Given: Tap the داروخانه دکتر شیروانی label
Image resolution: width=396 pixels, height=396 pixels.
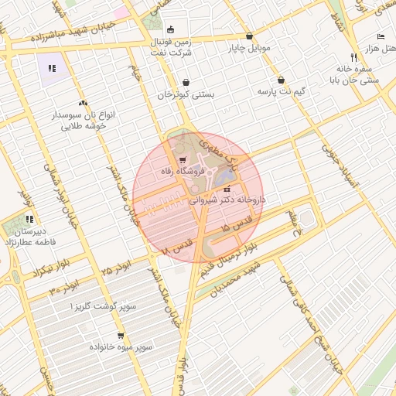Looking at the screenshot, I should [x=227, y=200].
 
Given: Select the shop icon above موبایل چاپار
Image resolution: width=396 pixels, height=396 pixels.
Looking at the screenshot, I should [x=249, y=36].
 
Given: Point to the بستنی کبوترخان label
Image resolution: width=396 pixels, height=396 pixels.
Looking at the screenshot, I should [x=186, y=95].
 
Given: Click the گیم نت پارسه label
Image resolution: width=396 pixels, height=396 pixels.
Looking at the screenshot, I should [x=281, y=92].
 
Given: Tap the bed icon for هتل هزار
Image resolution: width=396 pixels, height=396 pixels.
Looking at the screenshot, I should [x=381, y=37].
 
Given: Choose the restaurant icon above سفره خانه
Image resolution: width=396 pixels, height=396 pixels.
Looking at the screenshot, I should [x=353, y=56].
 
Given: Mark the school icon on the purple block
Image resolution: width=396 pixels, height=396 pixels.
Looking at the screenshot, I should [x=52, y=68].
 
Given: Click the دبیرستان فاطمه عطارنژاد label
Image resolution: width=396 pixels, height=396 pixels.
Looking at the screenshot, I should [x=29, y=235].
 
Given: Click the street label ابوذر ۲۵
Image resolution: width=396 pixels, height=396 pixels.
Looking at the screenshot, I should [x=116, y=268].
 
